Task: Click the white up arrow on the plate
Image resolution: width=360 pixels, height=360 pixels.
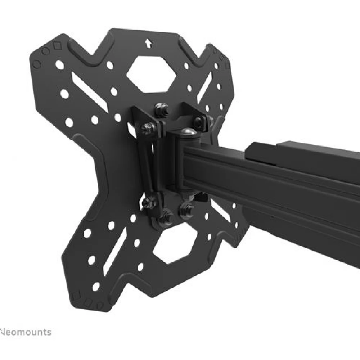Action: pos(148,44)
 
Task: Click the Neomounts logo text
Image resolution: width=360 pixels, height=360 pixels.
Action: pos(25,332)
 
